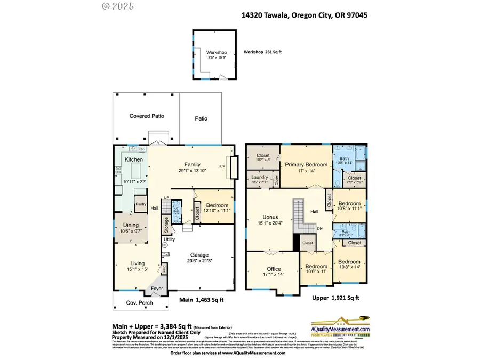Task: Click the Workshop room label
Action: click(217, 52)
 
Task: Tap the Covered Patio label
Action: click(147, 116)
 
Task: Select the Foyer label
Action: click(157, 289)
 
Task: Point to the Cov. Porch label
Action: click(139, 303)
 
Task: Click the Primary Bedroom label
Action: click(306, 165)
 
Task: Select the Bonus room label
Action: click(270, 217)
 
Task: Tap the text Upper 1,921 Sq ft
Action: click(336, 298)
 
